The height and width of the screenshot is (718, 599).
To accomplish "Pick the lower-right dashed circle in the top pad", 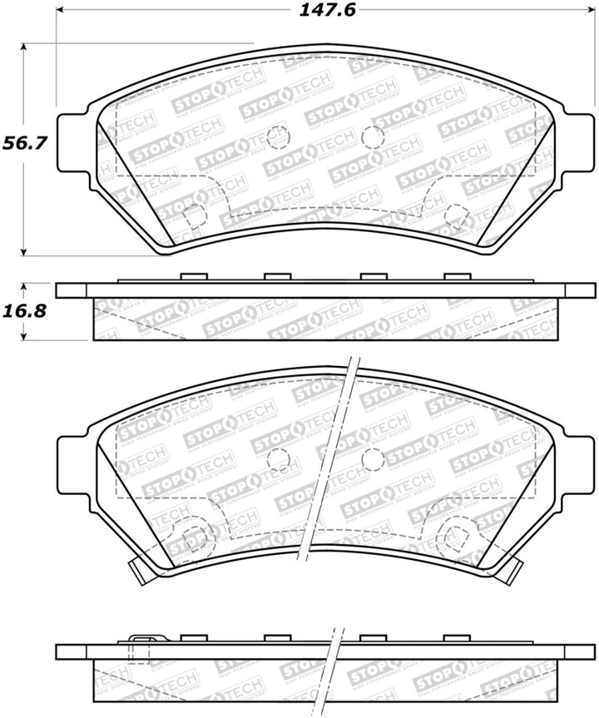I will pyautogui.click(x=455, y=215).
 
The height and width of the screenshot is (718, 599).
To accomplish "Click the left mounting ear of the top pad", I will pyautogui.click(x=73, y=142).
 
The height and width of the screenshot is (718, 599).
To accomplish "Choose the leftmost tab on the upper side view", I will pyautogui.click(x=192, y=277).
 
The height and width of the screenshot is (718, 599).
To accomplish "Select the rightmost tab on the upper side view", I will pyautogui.click(x=457, y=277).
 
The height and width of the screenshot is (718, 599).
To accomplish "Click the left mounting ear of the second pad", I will pyautogui.click(x=73, y=463).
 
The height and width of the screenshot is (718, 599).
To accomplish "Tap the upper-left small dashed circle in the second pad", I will pyautogui.click(x=279, y=458).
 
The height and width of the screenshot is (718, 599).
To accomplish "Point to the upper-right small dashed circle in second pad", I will pyautogui.click(x=373, y=458).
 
